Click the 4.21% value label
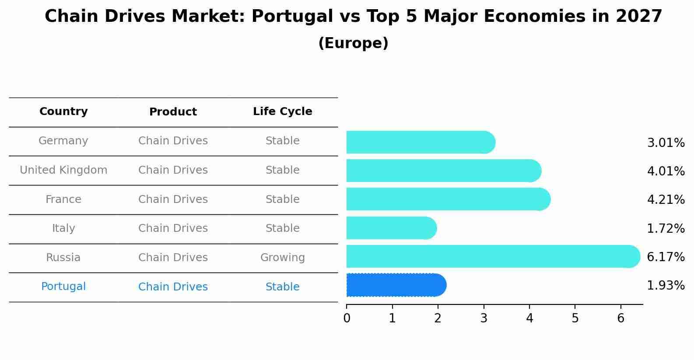[666, 200]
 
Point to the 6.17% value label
[666, 257]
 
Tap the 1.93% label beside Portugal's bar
[666, 286]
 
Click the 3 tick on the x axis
[484, 318]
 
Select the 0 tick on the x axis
[347, 318]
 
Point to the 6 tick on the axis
[620, 318]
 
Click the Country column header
[63, 112]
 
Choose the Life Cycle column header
[282, 112]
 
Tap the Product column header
[173, 112]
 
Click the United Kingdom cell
[63, 170]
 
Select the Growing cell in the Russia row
[282, 258]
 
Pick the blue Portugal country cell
[63, 287]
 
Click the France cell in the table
[63, 199]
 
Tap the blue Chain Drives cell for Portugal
[173, 287]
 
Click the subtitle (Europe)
[353, 43]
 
